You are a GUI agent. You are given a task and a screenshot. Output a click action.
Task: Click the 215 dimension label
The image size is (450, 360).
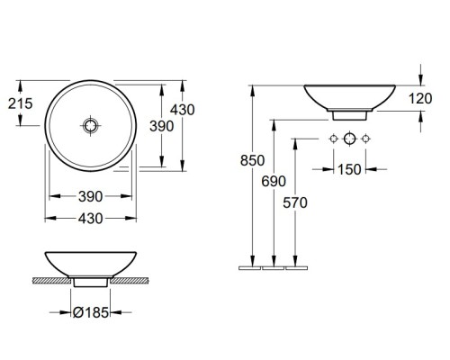point(20,103)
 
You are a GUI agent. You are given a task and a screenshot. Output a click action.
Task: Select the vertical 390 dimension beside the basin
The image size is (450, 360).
point(162,126)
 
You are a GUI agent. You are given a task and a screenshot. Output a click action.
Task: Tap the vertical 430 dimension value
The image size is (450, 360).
point(183,110)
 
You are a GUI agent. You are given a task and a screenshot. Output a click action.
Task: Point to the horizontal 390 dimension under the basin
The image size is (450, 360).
point(91,196)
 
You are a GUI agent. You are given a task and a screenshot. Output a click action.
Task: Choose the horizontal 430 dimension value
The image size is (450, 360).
point(91,219)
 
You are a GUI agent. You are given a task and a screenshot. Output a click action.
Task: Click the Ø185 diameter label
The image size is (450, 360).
point(91,312)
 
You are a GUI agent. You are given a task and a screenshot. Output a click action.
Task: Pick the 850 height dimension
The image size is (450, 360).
point(252,160)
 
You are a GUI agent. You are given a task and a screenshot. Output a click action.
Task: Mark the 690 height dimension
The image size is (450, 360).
point(274,181)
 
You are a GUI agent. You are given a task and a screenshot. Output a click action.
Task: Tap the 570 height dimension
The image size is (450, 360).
point(295,202)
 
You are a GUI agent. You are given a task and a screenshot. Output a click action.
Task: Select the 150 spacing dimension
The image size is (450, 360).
point(349,169)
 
